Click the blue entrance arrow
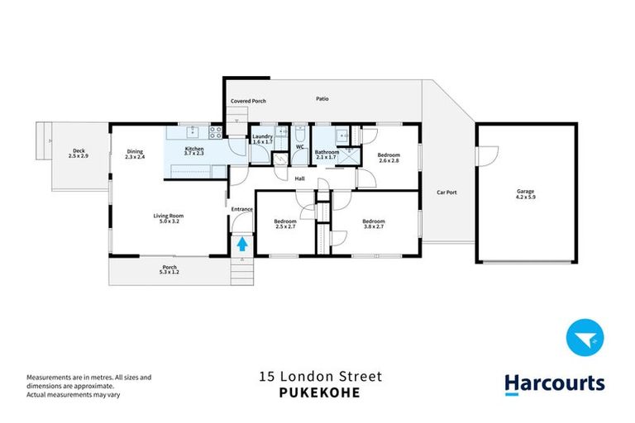click(242, 243)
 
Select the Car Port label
click(446, 192)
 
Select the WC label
click(300, 147)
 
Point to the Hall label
click(300, 178)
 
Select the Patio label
click(322, 99)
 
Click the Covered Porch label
click(248, 101)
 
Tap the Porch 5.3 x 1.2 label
click(169, 269)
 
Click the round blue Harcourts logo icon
click(585, 340)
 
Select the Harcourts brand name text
click(555, 383)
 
